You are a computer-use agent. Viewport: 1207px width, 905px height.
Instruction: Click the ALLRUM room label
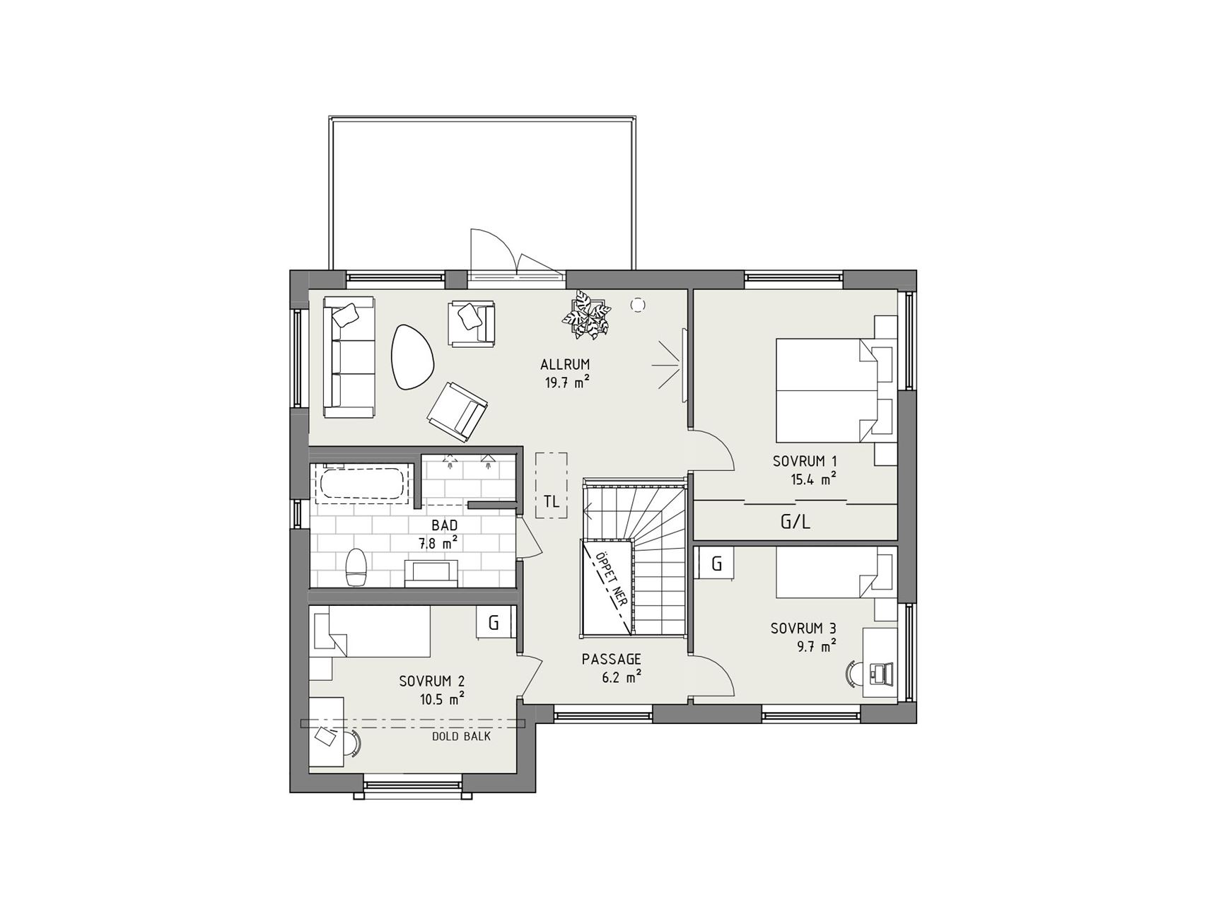tap(565, 365)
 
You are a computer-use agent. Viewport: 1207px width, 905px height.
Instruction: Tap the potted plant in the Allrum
tap(586, 315)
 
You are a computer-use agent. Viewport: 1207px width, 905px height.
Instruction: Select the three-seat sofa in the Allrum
tap(349, 357)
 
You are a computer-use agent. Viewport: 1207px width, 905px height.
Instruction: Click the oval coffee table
tap(414, 356)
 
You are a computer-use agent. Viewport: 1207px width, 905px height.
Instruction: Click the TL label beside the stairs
tap(552, 501)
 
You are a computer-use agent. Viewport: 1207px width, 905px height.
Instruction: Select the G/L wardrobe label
tap(795, 522)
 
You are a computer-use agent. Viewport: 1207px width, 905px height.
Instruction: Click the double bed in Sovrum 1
tap(828, 390)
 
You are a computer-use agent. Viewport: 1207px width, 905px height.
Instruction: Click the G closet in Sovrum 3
tap(716, 564)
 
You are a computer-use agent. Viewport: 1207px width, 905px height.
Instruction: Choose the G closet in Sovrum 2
tap(494, 623)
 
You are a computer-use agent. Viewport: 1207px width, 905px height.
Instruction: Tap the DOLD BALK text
tap(461, 736)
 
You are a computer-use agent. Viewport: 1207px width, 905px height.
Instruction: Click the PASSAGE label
tap(612, 659)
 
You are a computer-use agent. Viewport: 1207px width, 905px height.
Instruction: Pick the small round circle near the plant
tap(638, 305)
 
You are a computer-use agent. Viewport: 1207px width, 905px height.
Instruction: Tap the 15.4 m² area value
tap(814, 479)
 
